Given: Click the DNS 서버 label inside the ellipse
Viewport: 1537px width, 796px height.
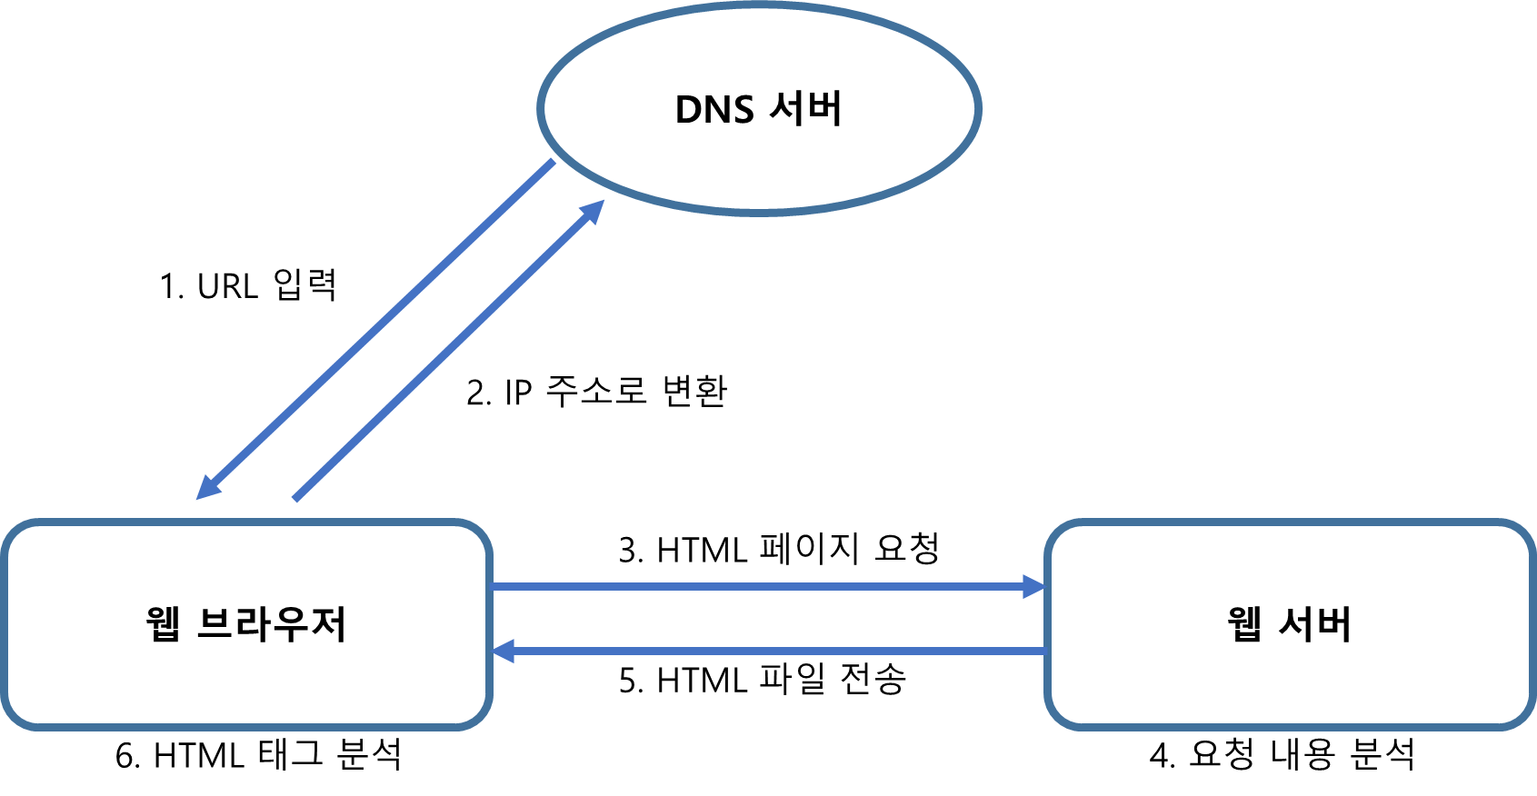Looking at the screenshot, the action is pos(758,108).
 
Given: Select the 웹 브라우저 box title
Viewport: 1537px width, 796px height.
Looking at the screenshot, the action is pos(245,623).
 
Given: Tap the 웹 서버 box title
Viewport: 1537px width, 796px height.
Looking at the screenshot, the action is pos(1289,623).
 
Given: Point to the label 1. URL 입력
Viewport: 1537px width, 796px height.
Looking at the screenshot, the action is pos(248,284).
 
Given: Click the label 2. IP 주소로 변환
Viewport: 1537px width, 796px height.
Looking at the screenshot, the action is pos(596,392).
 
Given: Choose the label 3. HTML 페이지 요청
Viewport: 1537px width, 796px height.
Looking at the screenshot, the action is pos(779,549).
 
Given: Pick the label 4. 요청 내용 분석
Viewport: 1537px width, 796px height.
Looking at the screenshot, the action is pos(1282,754).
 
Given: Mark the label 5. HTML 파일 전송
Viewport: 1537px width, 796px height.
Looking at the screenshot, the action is pos(763,680).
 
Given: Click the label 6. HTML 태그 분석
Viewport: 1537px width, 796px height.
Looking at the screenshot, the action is pos(258,754).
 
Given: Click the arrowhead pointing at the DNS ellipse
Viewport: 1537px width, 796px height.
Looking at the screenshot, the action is pos(593,211).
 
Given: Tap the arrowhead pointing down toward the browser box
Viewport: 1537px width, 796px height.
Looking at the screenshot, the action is pos(207,487).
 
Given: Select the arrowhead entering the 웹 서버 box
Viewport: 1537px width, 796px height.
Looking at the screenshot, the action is pos(1034,587).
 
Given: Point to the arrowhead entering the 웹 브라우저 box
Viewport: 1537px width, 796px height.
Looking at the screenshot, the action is pos(504,651).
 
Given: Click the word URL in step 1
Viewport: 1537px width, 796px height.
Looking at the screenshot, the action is pos(227,286).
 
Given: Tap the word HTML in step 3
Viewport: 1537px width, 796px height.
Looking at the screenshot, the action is pos(702,551).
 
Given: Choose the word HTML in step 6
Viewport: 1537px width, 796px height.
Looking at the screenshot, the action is pos(198,755).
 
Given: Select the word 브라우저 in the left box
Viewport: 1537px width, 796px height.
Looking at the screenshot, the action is pos(271,623).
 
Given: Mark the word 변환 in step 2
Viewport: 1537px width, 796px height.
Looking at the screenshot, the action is pos(694,392).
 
